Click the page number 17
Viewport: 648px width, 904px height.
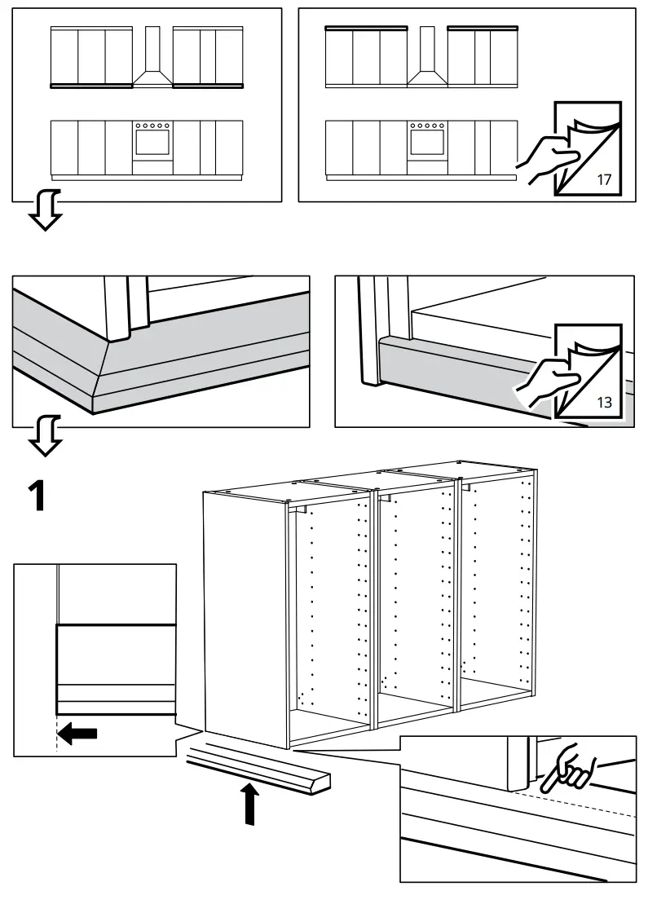pyautogui.click(x=603, y=179)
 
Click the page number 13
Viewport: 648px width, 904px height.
pyautogui.click(x=603, y=402)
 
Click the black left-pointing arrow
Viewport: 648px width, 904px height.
pyautogui.click(x=79, y=734)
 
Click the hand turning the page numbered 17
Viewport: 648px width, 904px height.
pyautogui.click(x=544, y=158)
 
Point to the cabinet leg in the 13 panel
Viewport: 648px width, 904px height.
pyautogui.click(x=373, y=334)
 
